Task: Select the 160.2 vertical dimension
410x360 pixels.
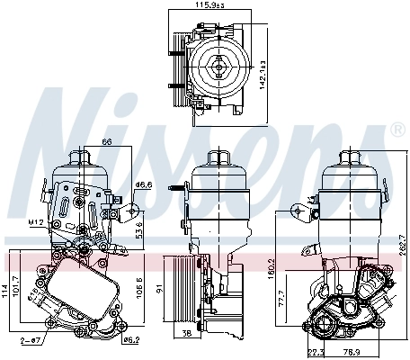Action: (271, 266)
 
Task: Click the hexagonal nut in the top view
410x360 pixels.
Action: (218, 65)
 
